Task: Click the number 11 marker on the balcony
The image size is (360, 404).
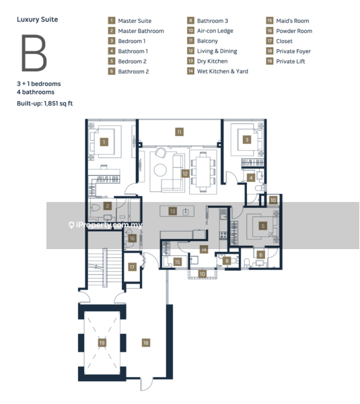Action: pos(179,132)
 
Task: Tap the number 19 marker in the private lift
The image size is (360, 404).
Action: pos(102,343)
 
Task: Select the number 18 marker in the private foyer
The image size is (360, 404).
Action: pos(146,343)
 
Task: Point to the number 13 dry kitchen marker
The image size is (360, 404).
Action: pos(172,211)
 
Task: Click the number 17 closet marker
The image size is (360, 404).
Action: pos(132,267)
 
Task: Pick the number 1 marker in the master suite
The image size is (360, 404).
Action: pos(104,142)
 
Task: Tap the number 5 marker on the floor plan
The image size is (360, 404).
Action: pos(263,226)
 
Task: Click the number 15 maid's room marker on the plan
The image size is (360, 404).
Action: pos(178,262)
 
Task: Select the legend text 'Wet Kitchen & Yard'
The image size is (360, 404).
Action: pos(223,71)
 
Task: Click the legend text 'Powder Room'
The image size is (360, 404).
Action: pos(294,31)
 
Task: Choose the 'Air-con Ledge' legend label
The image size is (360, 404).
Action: pos(215,31)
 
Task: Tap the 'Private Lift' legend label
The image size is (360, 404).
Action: pos(291,61)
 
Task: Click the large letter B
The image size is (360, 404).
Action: pos(34,53)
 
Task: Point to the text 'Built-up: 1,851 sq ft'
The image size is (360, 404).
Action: pos(45,103)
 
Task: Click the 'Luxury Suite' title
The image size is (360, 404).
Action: pos(37,20)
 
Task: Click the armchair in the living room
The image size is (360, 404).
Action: pos(161,153)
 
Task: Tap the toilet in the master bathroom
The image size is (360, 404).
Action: pos(96,207)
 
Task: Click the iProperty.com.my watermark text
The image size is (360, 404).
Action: pos(109,225)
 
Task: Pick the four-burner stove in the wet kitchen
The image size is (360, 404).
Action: pos(223,235)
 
